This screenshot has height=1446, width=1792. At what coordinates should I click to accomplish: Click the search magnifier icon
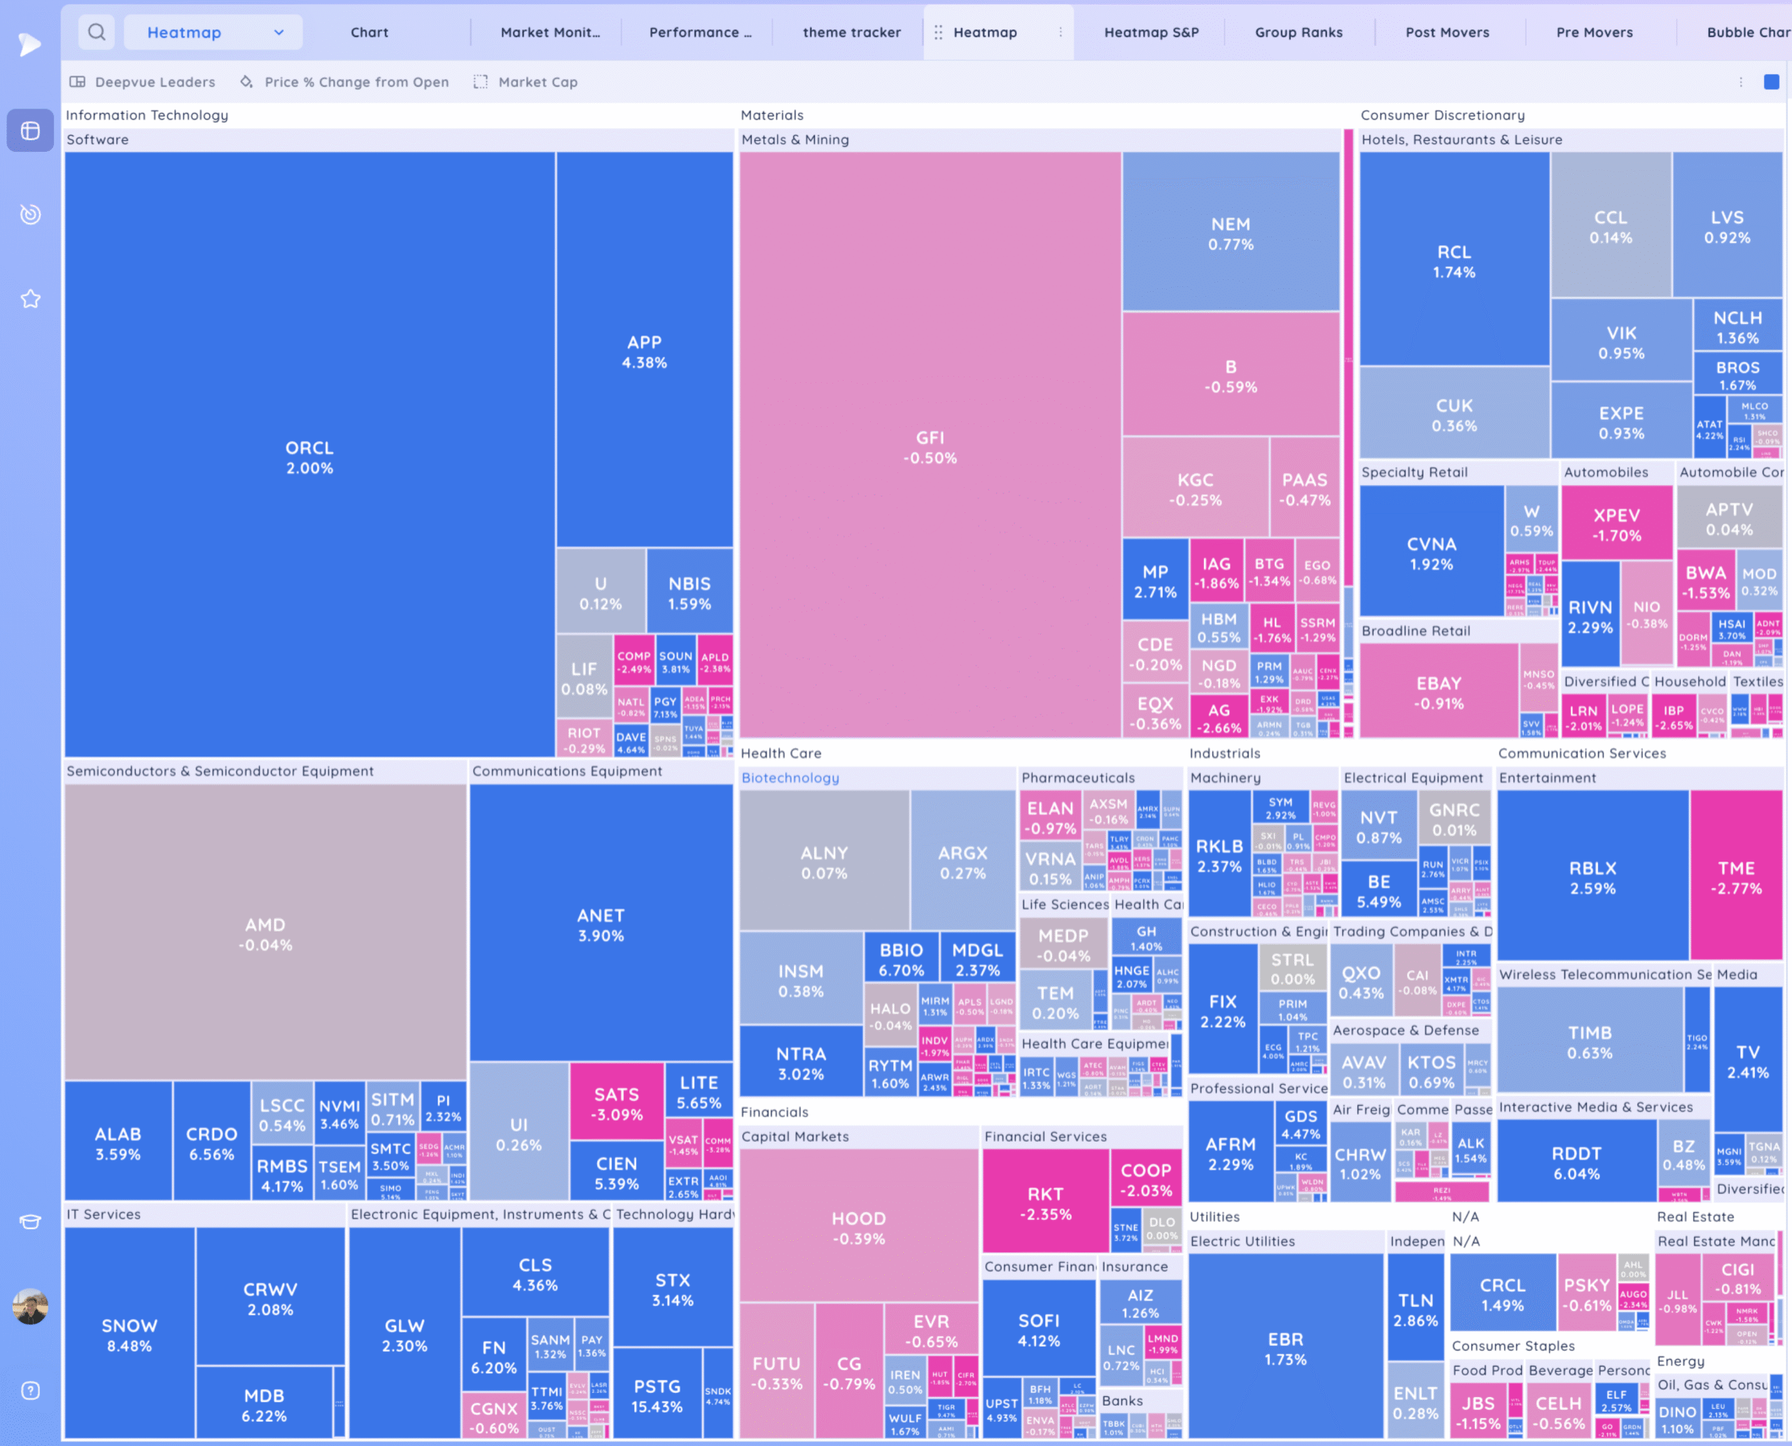coord(97,32)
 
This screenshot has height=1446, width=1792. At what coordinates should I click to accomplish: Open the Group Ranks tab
coord(1298,32)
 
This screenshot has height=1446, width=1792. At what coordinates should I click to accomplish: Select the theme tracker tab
coord(851,32)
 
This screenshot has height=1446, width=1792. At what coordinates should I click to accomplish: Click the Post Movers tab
coord(1447,32)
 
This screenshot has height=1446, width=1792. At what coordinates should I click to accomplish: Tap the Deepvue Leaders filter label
coord(154,82)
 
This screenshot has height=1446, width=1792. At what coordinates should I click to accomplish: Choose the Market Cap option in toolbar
coord(538,82)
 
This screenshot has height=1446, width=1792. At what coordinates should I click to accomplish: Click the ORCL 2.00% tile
coord(309,456)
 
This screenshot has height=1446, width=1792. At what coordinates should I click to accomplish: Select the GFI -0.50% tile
coord(930,447)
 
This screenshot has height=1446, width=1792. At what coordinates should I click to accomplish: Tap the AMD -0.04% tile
coord(265,934)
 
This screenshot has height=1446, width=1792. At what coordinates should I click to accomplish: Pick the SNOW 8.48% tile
coord(129,1335)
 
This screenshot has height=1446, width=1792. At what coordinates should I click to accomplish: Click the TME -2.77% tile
coord(1735,877)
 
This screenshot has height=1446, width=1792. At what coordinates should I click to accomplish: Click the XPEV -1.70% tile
coord(1616,524)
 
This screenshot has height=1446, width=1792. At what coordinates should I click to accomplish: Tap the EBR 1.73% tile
coord(1285,1349)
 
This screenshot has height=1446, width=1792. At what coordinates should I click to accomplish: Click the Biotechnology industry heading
coord(790,777)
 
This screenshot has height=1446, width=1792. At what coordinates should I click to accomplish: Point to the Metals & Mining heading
coord(794,139)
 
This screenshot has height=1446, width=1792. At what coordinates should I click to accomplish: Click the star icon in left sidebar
coord(31,298)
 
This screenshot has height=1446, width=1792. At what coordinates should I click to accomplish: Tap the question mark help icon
coord(31,1390)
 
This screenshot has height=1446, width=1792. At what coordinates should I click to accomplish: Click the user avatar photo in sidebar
coord(31,1307)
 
